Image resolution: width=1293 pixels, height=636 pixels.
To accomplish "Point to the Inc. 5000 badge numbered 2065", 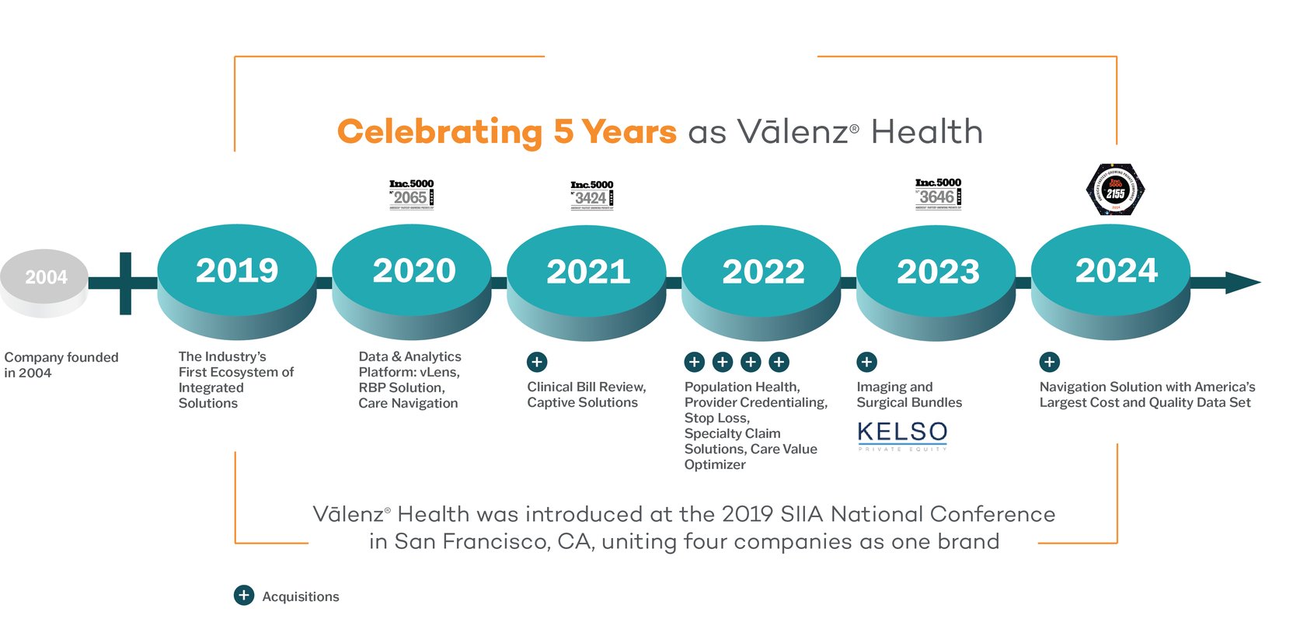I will click(411, 194).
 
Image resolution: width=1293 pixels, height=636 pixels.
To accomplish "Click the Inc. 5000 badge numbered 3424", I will click(592, 195).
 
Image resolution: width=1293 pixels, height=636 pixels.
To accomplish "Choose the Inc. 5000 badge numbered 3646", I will click(938, 193).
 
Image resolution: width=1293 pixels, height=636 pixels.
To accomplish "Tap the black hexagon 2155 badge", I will click(1115, 190).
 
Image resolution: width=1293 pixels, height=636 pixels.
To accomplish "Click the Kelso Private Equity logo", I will click(902, 436).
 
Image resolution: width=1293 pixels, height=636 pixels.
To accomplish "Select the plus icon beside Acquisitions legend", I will click(244, 596).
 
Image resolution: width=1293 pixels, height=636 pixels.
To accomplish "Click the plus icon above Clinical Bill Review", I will click(537, 362).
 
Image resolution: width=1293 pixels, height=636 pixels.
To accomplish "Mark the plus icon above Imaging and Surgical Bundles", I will click(866, 362).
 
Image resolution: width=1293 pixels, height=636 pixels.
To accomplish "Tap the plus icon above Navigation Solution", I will click(1049, 362).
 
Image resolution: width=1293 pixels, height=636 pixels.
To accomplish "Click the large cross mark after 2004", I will click(125, 283).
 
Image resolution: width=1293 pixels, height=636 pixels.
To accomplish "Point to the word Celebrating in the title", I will click(439, 132).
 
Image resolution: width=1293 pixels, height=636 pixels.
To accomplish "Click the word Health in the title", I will click(926, 132).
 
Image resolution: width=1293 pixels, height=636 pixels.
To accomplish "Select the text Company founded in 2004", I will click(61, 365).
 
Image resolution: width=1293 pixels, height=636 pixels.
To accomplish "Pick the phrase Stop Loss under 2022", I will click(716, 418).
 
